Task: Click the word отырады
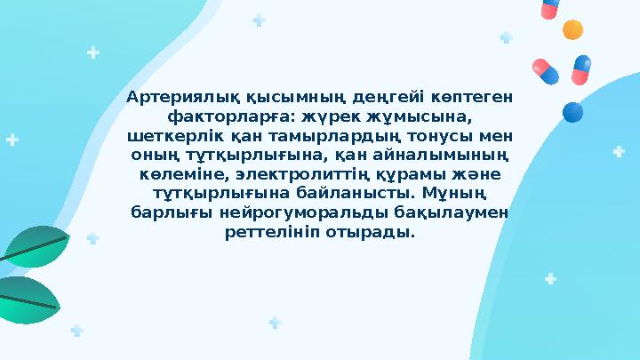point(368,234)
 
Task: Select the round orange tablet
point(573,29)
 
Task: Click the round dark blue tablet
point(573,112)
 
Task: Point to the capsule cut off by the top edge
point(550,8)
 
